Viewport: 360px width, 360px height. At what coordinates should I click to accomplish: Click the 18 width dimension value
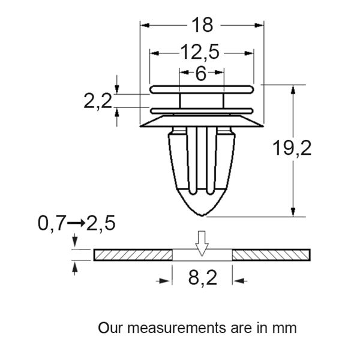(202, 25)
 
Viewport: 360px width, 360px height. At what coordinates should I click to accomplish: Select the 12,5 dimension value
(200, 53)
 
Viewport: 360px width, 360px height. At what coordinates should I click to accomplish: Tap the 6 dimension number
(201, 74)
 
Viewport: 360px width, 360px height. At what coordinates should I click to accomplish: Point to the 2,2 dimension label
(98, 101)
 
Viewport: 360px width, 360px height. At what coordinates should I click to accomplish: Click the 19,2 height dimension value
(292, 148)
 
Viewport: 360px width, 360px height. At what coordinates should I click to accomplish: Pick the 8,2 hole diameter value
(201, 279)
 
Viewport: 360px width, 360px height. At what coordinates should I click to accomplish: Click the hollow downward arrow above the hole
(202, 242)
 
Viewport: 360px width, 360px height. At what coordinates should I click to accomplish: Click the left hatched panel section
(133, 254)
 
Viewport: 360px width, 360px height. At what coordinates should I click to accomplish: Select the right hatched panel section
(271, 254)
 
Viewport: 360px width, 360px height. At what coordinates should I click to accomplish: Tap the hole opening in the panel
(202, 255)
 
